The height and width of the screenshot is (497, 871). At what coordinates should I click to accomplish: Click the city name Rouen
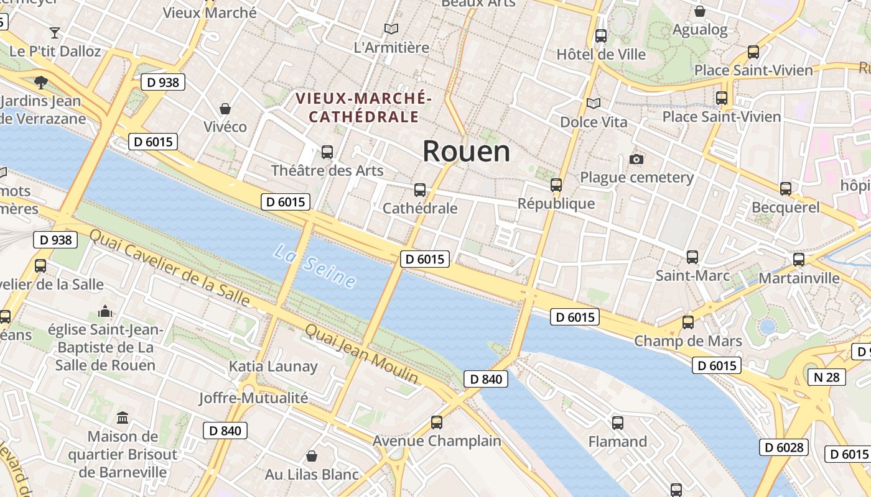pyautogui.click(x=466, y=152)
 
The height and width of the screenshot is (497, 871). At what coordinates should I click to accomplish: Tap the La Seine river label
pyautogui.click(x=315, y=267)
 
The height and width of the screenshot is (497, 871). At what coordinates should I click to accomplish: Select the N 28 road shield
pyautogui.click(x=826, y=376)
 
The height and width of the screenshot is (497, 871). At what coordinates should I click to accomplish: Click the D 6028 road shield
pyautogui.click(x=783, y=447)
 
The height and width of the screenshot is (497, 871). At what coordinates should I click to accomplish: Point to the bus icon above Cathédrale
pyautogui.click(x=420, y=190)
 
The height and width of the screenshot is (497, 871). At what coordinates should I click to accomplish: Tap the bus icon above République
pyautogui.click(x=556, y=185)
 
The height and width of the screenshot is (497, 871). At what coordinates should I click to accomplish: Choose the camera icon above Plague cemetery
pyautogui.click(x=636, y=160)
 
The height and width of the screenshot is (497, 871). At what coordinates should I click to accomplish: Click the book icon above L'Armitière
pyautogui.click(x=391, y=29)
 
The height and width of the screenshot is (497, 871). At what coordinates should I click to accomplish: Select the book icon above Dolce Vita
pyautogui.click(x=594, y=103)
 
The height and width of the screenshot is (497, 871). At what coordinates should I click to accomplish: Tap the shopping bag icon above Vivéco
pyautogui.click(x=225, y=109)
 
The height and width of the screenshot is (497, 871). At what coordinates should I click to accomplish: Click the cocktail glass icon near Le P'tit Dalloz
pyautogui.click(x=55, y=32)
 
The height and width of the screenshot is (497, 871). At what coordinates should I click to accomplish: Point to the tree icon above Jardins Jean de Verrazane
pyautogui.click(x=40, y=82)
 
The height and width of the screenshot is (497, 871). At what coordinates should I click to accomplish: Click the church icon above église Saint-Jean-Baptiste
pyautogui.click(x=105, y=311)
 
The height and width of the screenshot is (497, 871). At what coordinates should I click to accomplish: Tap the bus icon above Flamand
pyautogui.click(x=617, y=423)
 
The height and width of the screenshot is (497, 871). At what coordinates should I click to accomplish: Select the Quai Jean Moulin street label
pyautogui.click(x=361, y=353)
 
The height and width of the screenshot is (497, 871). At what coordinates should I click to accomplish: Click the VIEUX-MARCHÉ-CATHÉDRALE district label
pyautogui.click(x=363, y=107)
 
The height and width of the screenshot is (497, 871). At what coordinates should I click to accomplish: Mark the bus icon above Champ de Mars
pyautogui.click(x=687, y=322)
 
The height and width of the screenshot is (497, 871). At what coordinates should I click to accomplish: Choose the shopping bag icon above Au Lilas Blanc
pyautogui.click(x=312, y=456)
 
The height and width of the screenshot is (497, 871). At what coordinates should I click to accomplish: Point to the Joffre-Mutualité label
pyautogui.click(x=253, y=398)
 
